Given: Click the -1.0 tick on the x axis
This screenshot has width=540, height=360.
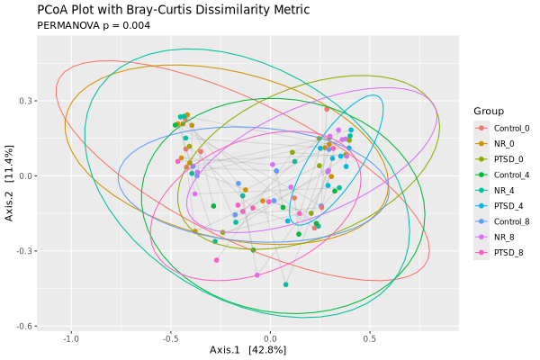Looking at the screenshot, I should pos(72,339).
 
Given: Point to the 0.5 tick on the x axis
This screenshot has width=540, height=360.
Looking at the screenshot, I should pos(369,339).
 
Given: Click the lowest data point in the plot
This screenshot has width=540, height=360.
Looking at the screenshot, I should pos(285,284).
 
